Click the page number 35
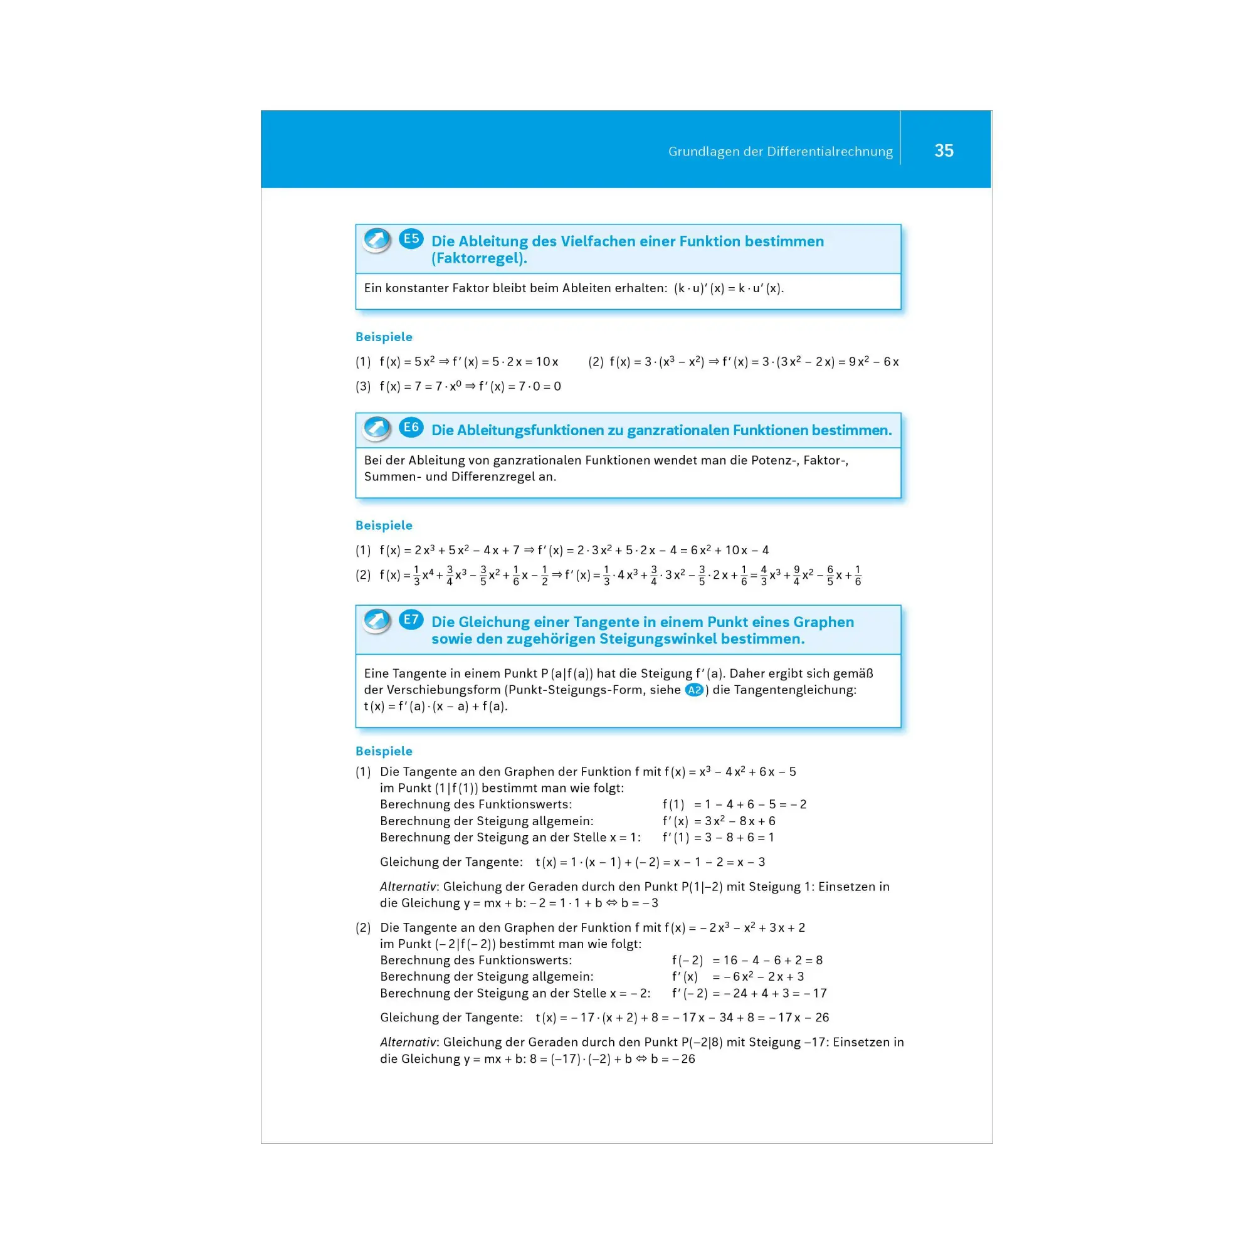click(943, 150)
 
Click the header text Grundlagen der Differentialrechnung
click(780, 152)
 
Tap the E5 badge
click(411, 239)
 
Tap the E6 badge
click(411, 427)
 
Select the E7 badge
click(411, 619)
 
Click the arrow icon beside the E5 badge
click(376, 240)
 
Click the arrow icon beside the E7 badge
click(376, 621)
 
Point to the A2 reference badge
click(694, 690)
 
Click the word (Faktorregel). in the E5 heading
click(479, 258)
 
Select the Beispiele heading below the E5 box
click(384, 337)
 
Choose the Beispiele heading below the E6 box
click(384, 525)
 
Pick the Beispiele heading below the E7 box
click(384, 751)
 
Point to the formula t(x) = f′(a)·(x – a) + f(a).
click(436, 706)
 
